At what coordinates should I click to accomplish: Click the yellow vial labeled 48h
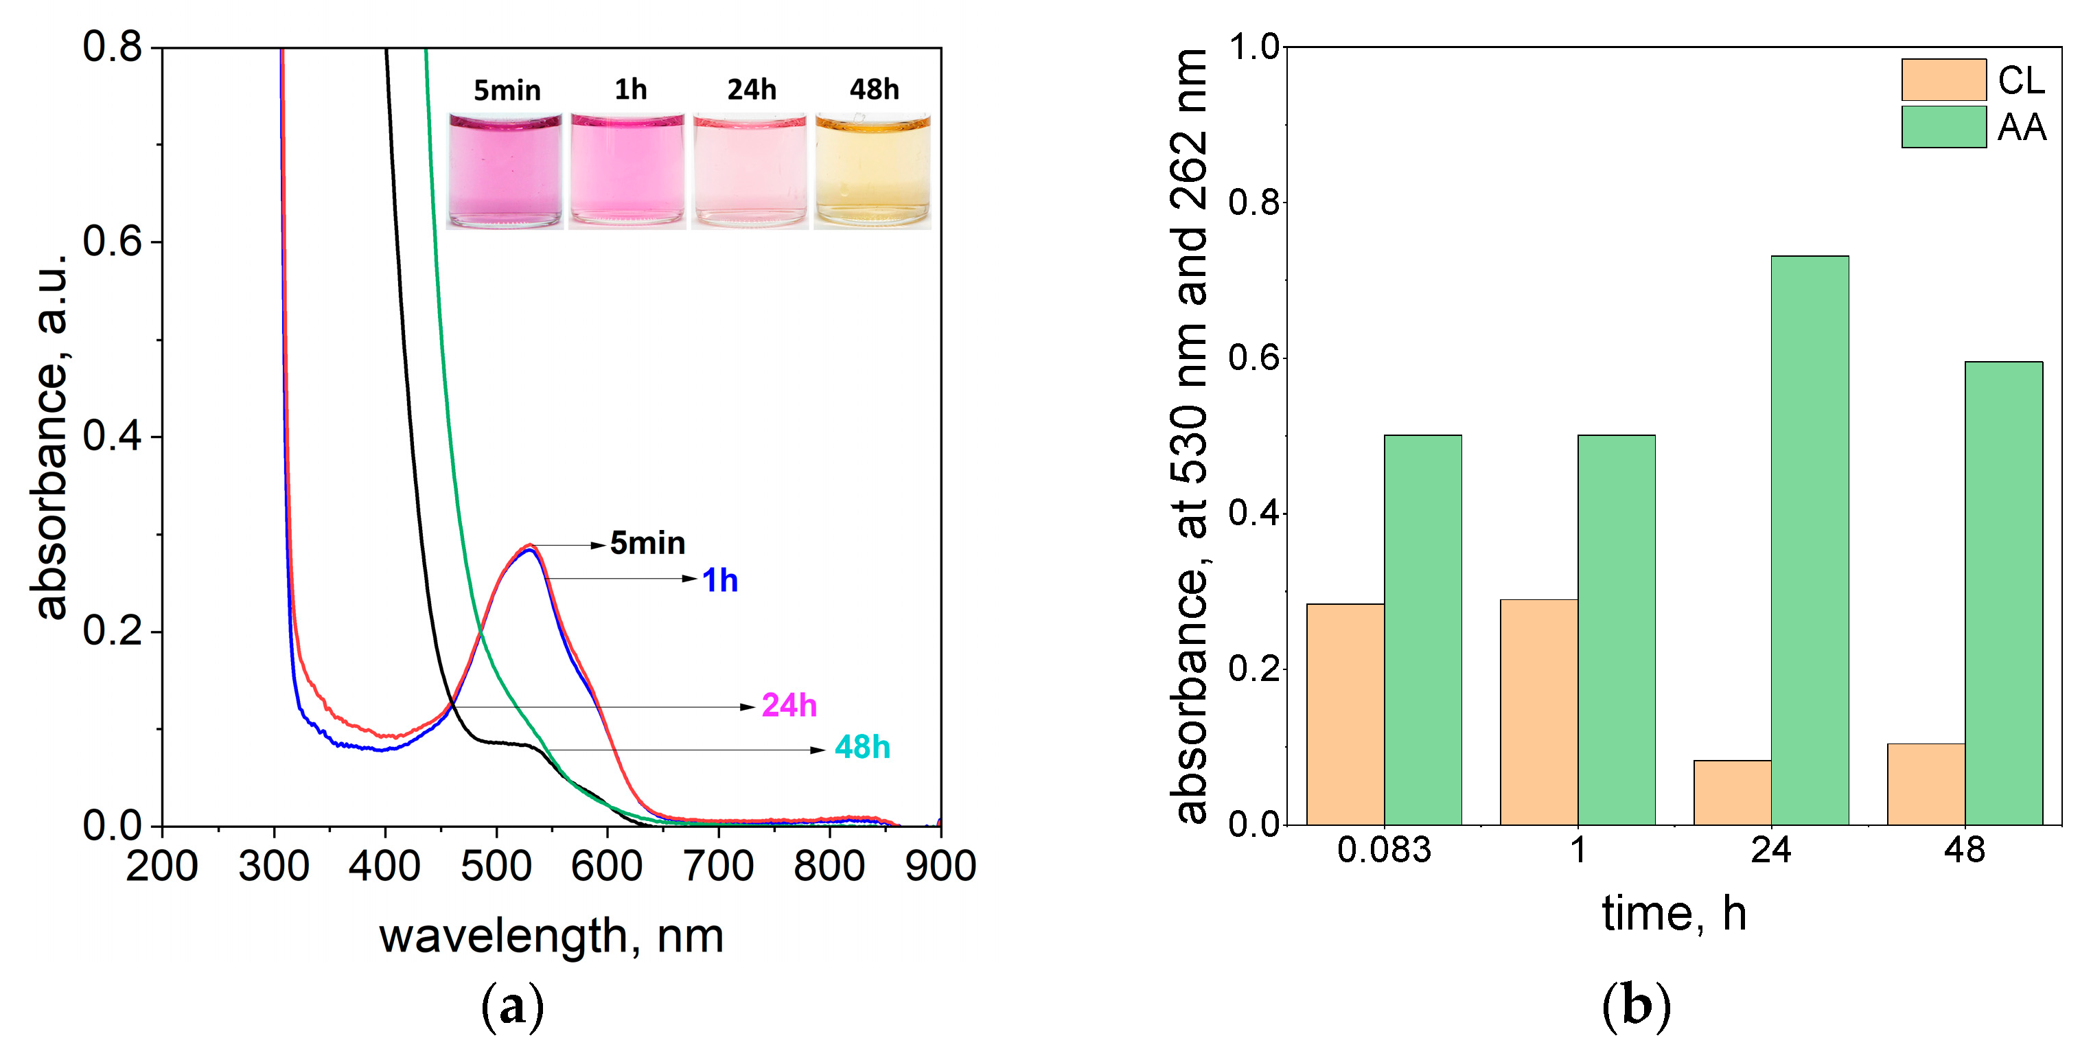click(x=872, y=171)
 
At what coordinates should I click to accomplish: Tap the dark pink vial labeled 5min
click(x=505, y=171)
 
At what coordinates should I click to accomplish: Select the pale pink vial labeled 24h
click(x=750, y=171)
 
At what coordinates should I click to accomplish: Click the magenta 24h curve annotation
click(x=789, y=705)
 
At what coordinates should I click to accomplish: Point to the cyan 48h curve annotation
click(x=862, y=747)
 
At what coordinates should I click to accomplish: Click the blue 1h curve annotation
click(x=719, y=580)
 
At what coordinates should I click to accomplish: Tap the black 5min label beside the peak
click(x=647, y=542)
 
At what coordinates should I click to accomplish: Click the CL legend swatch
click(x=1943, y=79)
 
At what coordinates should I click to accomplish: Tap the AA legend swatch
click(x=1943, y=126)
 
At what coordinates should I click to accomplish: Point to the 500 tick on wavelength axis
click(x=496, y=865)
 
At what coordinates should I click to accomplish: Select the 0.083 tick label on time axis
click(x=1384, y=849)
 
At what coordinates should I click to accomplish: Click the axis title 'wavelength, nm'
click(x=551, y=936)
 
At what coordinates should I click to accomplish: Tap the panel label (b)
click(x=1636, y=1006)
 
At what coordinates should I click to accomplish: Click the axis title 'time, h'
click(x=1674, y=913)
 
